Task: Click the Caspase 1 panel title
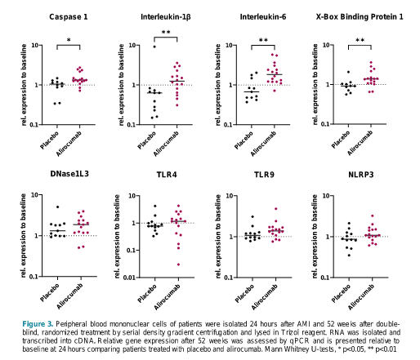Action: tap(69, 17)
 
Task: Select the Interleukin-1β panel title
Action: tap(166, 17)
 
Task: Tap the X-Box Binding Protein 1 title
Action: tap(360, 17)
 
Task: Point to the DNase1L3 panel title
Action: tap(69, 174)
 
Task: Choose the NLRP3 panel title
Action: tap(361, 175)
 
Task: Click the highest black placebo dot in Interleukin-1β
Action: tap(154, 47)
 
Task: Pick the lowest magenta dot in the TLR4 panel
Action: tap(178, 264)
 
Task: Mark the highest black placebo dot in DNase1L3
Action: tap(57, 207)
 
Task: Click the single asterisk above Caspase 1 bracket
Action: tap(69, 40)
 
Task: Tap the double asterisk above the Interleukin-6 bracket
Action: tap(263, 40)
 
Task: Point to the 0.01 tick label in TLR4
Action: tap(130, 278)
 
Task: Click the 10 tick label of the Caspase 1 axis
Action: tap(35, 45)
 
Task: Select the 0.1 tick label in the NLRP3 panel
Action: tap(325, 278)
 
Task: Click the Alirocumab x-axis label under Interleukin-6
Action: tap(263, 144)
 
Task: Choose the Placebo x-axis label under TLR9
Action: tap(244, 293)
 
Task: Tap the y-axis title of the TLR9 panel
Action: tap(218, 236)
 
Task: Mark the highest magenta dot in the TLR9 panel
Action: tap(276, 209)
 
